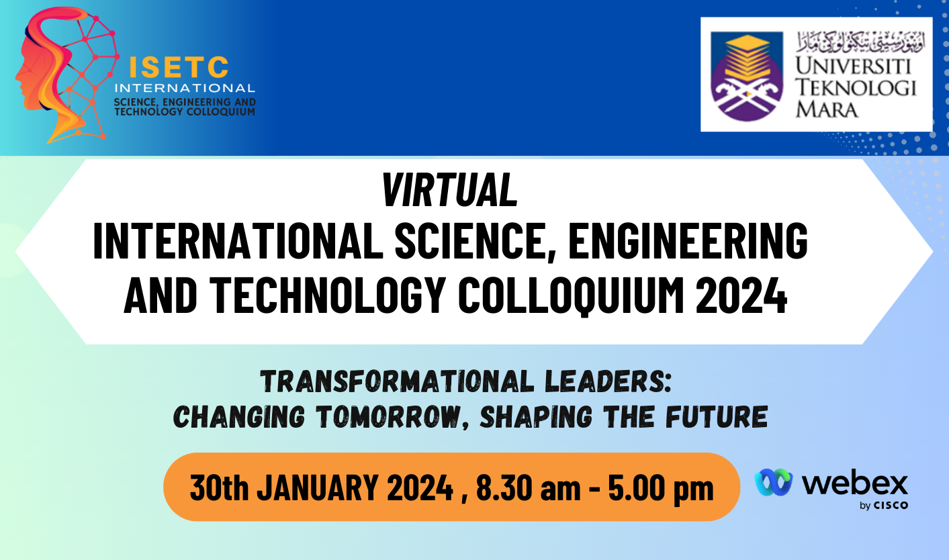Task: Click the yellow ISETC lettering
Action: coord(179,67)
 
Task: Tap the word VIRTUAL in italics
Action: coord(450,190)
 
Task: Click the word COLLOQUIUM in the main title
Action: coord(571,295)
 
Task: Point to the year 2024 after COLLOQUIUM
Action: coord(741,295)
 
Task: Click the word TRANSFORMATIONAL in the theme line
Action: coord(397,381)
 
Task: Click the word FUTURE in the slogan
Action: coord(717,416)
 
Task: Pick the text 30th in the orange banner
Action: coord(219,488)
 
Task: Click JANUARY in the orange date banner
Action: coord(318,488)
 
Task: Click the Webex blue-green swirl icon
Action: coord(774,482)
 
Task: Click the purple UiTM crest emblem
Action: coord(746,77)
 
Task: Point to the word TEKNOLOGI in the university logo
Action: coord(856,88)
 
